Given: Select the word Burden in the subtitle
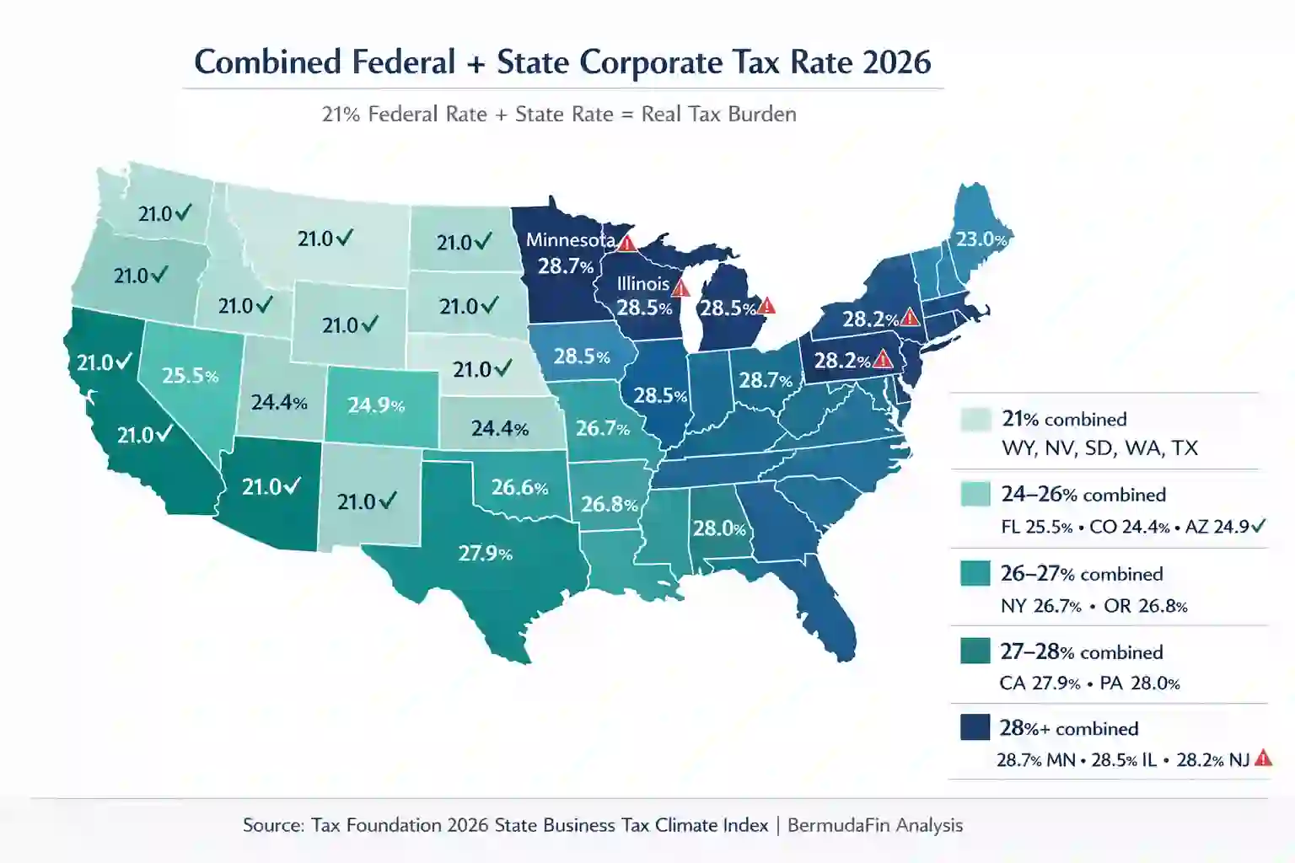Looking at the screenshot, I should [x=764, y=114].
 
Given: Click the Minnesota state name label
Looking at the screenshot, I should [x=570, y=240].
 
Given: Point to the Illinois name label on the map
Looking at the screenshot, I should [x=642, y=284].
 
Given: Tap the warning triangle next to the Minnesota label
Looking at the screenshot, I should [x=626, y=244].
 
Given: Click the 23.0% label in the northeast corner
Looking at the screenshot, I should [x=981, y=239].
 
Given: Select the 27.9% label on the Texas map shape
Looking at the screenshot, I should [x=485, y=554].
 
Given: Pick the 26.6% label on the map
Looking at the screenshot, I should [x=519, y=487].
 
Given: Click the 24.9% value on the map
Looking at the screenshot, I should [x=376, y=405].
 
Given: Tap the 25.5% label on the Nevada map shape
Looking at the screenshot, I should [x=190, y=375].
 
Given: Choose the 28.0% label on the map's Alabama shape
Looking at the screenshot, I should [x=719, y=528].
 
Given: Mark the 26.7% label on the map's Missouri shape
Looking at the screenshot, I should [x=602, y=428].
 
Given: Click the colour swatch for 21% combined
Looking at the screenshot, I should [x=975, y=419].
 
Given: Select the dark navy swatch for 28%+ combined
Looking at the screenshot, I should [x=975, y=727].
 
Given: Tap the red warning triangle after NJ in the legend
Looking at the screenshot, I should [x=1263, y=758].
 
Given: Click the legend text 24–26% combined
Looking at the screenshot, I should [x=1083, y=495].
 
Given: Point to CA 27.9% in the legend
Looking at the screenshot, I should [x=1040, y=683].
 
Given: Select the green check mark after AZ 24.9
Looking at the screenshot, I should [x=1259, y=527].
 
